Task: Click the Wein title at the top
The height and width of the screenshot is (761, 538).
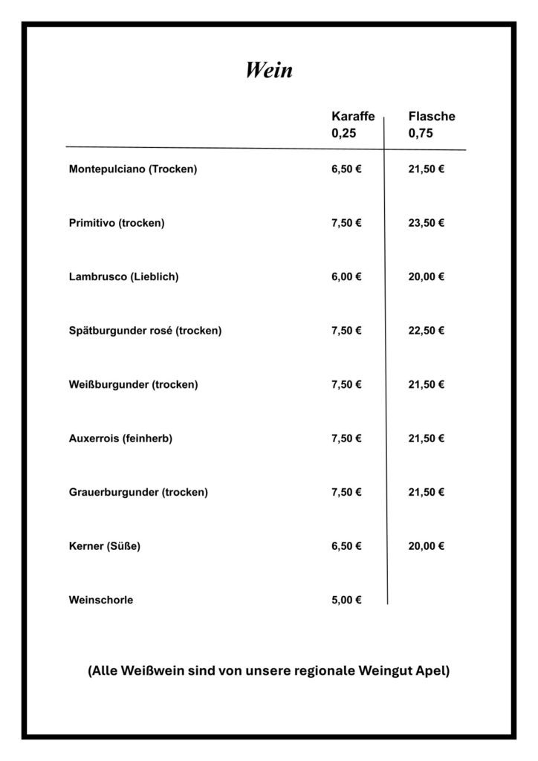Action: pyautogui.click(x=269, y=70)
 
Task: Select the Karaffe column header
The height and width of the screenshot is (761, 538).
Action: pyautogui.click(x=353, y=117)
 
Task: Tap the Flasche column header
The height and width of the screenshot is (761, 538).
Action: pyautogui.click(x=432, y=117)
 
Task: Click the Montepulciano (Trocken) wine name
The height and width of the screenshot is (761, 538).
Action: pyautogui.click(x=133, y=169)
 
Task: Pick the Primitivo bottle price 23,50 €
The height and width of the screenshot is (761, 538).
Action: pyautogui.click(x=427, y=223)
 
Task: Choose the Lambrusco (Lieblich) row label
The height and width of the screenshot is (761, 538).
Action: pyautogui.click(x=123, y=277)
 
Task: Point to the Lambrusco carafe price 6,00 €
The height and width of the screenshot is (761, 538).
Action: pyautogui.click(x=346, y=277)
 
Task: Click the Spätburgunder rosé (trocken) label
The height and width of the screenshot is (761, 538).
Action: pyautogui.click(x=145, y=331)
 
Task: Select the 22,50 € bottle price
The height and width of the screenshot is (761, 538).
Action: pyautogui.click(x=427, y=331)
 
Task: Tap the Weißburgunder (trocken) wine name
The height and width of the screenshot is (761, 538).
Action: pyautogui.click(x=133, y=385)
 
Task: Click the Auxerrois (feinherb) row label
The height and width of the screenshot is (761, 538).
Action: pyautogui.click(x=120, y=438)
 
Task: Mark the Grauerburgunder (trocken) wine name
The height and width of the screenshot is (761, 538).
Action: pyautogui.click(x=138, y=493)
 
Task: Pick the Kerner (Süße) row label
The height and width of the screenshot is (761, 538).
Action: pyautogui.click(x=104, y=546)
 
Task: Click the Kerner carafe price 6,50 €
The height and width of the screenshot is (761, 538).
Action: pyautogui.click(x=346, y=546)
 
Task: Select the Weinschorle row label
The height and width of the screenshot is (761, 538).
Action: pyautogui.click(x=101, y=600)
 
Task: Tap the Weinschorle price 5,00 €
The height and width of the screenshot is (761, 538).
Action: pyautogui.click(x=346, y=600)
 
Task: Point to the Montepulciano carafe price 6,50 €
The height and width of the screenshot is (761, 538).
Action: pyautogui.click(x=346, y=169)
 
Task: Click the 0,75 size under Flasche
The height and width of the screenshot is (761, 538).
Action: pyautogui.click(x=421, y=135)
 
